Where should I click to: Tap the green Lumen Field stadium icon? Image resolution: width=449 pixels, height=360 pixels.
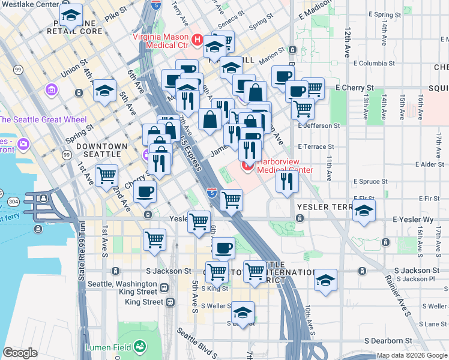coord(140,346)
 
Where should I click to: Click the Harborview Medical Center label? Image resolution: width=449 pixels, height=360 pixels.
coord(285,166)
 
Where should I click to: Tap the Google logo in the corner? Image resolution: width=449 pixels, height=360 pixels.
coord(20,353)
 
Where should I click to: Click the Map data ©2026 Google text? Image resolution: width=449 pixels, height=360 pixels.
coord(412,355)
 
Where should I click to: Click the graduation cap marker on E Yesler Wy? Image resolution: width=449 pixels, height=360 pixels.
coord(364,211)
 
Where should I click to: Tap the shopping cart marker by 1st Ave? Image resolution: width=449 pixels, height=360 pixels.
coord(107,175)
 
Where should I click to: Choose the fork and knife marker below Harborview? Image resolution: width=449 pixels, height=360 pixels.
coord(288,181)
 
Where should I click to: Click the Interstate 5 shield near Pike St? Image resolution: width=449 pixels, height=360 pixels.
coord(156,6)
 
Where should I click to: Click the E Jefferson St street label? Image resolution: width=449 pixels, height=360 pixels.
coord(319,126)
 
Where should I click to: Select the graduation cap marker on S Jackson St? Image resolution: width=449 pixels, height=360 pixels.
coord(325,280)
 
